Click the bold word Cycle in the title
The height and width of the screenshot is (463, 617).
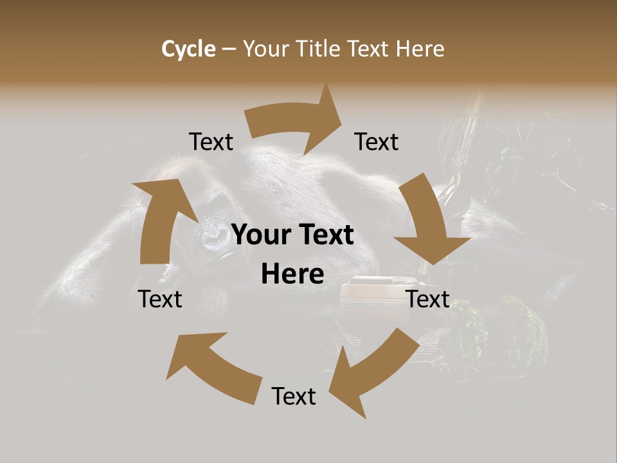point(188,49)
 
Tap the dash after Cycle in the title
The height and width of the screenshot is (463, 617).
point(229,50)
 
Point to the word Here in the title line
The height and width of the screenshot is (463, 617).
point(420,49)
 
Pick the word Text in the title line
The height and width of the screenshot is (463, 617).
point(368,49)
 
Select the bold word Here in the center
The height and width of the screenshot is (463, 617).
point(292,275)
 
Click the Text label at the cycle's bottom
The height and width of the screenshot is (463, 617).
point(294,396)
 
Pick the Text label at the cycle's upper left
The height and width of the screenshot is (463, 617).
point(211,142)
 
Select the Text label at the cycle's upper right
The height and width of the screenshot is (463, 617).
point(377,142)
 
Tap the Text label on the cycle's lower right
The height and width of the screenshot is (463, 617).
point(428,299)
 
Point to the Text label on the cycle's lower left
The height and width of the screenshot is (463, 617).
point(160,299)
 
